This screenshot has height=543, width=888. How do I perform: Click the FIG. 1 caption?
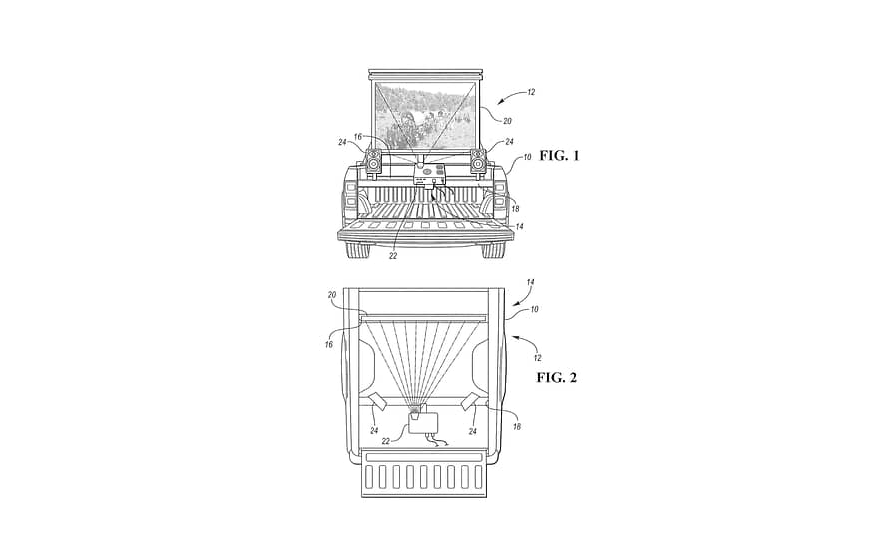pos(559,156)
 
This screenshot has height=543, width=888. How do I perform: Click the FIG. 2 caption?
pos(557,378)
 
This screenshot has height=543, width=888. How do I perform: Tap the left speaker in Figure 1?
pos(374,161)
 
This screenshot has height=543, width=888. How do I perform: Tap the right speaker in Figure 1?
pos(478,161)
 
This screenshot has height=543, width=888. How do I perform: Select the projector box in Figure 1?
pos(428,175)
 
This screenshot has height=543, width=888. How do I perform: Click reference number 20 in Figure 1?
pos(507,121)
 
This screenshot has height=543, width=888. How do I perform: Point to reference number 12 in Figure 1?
pos(530,92)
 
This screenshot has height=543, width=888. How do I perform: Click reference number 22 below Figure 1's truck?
pos(393,256)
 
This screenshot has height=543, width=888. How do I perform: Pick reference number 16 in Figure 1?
pos(357,137)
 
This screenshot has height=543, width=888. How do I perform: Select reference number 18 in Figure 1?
pos(515,209)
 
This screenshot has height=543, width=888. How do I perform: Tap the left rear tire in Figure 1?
pos(358,249)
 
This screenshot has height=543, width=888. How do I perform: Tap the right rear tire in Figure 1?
pos(494,249)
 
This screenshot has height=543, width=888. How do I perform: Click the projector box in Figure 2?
pos(424,423)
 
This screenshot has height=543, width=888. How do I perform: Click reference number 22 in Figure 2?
pos(386,441)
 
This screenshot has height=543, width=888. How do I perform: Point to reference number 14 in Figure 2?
pos(530,282)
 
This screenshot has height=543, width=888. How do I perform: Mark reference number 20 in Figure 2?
pos(332,295)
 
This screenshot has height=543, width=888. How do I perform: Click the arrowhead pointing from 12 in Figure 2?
pos(514,338)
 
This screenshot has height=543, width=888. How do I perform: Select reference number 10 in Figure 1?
pos(527,157)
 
